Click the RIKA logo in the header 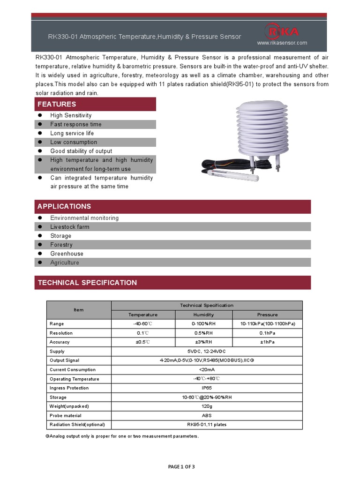[x=282, y=32]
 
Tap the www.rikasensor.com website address [x=282, y=43]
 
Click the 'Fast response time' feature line [x=76, y=124]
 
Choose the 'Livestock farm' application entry [x=70, y=227]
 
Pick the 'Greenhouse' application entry [x=67, y=254]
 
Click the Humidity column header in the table [x=203, y=315]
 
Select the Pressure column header [x=267, y=315]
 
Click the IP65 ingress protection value [x=207, y=388]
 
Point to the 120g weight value [x=207, y=406]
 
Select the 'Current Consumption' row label [x=73, y=370]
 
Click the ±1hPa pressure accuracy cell [x=267, y=342]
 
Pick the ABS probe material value [x=207, y=416]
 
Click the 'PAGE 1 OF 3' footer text [x=180, y=466]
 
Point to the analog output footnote [x=122, y=436]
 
